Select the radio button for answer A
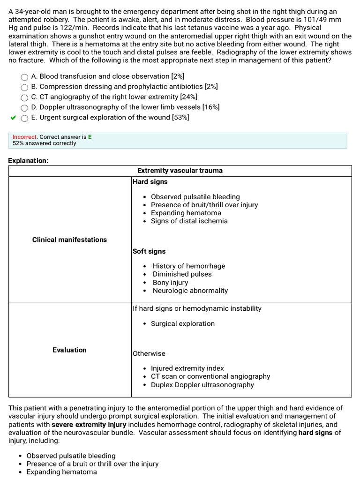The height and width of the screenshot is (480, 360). [24, 77]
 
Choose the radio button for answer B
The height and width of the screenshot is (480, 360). [24, 87]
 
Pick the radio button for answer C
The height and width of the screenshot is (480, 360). [24, 97]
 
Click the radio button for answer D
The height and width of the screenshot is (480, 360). [24, 108]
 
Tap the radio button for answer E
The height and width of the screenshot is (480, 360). [24, 118]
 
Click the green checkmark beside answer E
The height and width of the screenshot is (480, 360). [13, 118]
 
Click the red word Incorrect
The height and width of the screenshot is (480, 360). [24, 137]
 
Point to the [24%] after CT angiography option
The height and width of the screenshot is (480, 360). [188, 97]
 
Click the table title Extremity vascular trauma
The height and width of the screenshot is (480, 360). [180, 171]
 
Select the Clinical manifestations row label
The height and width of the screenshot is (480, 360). [69, 240]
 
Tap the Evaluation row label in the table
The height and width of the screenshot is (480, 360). [69, 350]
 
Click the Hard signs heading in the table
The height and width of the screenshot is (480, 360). [150, 182]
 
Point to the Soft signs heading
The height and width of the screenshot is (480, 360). [149, 251]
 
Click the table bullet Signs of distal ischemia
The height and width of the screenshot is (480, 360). [189, 221]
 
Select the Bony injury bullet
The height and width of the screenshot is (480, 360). [170, 283]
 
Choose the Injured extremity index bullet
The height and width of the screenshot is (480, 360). [187, 368]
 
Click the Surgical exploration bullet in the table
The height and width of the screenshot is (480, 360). [182, 323]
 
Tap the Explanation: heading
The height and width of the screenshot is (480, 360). [28, 161]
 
